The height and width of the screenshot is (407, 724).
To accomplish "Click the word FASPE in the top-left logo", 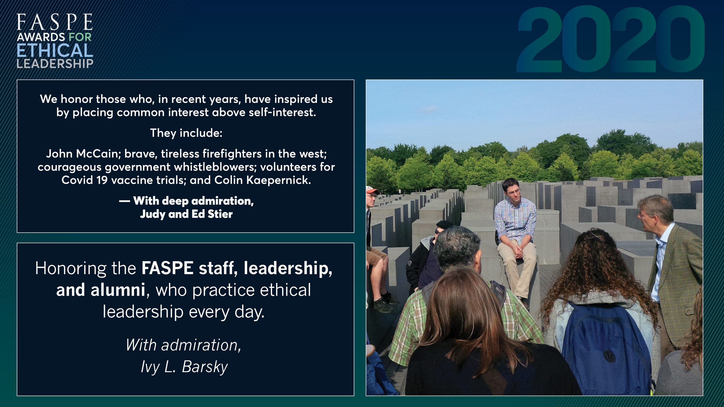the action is pos(55,22).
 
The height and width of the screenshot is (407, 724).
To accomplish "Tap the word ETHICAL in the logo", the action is pos(55,50).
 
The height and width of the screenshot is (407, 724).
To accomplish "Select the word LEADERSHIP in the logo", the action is pos(55,64).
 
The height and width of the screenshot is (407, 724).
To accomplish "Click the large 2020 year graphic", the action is pos(611,40).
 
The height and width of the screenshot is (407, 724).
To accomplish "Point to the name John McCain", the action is pos(84,153).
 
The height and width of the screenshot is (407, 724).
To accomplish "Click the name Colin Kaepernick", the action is pos(263,180).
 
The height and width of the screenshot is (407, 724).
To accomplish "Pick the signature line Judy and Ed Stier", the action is pos(186,214).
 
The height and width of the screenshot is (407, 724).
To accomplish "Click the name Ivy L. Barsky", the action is pos(184,367).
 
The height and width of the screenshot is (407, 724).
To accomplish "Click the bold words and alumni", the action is pos(101,290).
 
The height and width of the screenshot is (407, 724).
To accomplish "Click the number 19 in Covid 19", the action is pos(102,180).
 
